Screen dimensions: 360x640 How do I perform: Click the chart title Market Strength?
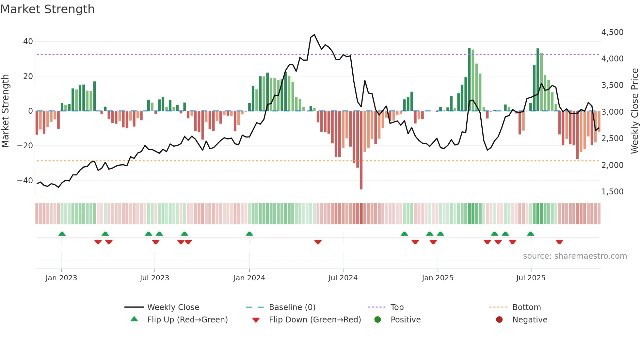(x=47, y=9)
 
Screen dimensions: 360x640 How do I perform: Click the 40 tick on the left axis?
(x=28, y=41)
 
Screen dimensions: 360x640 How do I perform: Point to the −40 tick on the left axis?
(x=25, y=180)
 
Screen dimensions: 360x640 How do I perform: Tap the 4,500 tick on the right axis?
(x=612, y=32)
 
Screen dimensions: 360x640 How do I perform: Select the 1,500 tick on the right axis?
(x=612, y=191)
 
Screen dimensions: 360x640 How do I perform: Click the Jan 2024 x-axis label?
(x=249, y=278)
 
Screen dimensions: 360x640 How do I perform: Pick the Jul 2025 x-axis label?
(x=531, y=278)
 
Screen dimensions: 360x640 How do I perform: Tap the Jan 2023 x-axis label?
(x=61, y=278)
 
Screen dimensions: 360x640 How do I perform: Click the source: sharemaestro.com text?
(x=575, y=256)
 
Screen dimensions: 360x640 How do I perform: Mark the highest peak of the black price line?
(x=314, y=35)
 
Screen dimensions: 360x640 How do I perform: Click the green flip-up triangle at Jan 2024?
(x=249, y=234)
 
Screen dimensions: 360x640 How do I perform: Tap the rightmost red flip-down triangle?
(x=559, y=242)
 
